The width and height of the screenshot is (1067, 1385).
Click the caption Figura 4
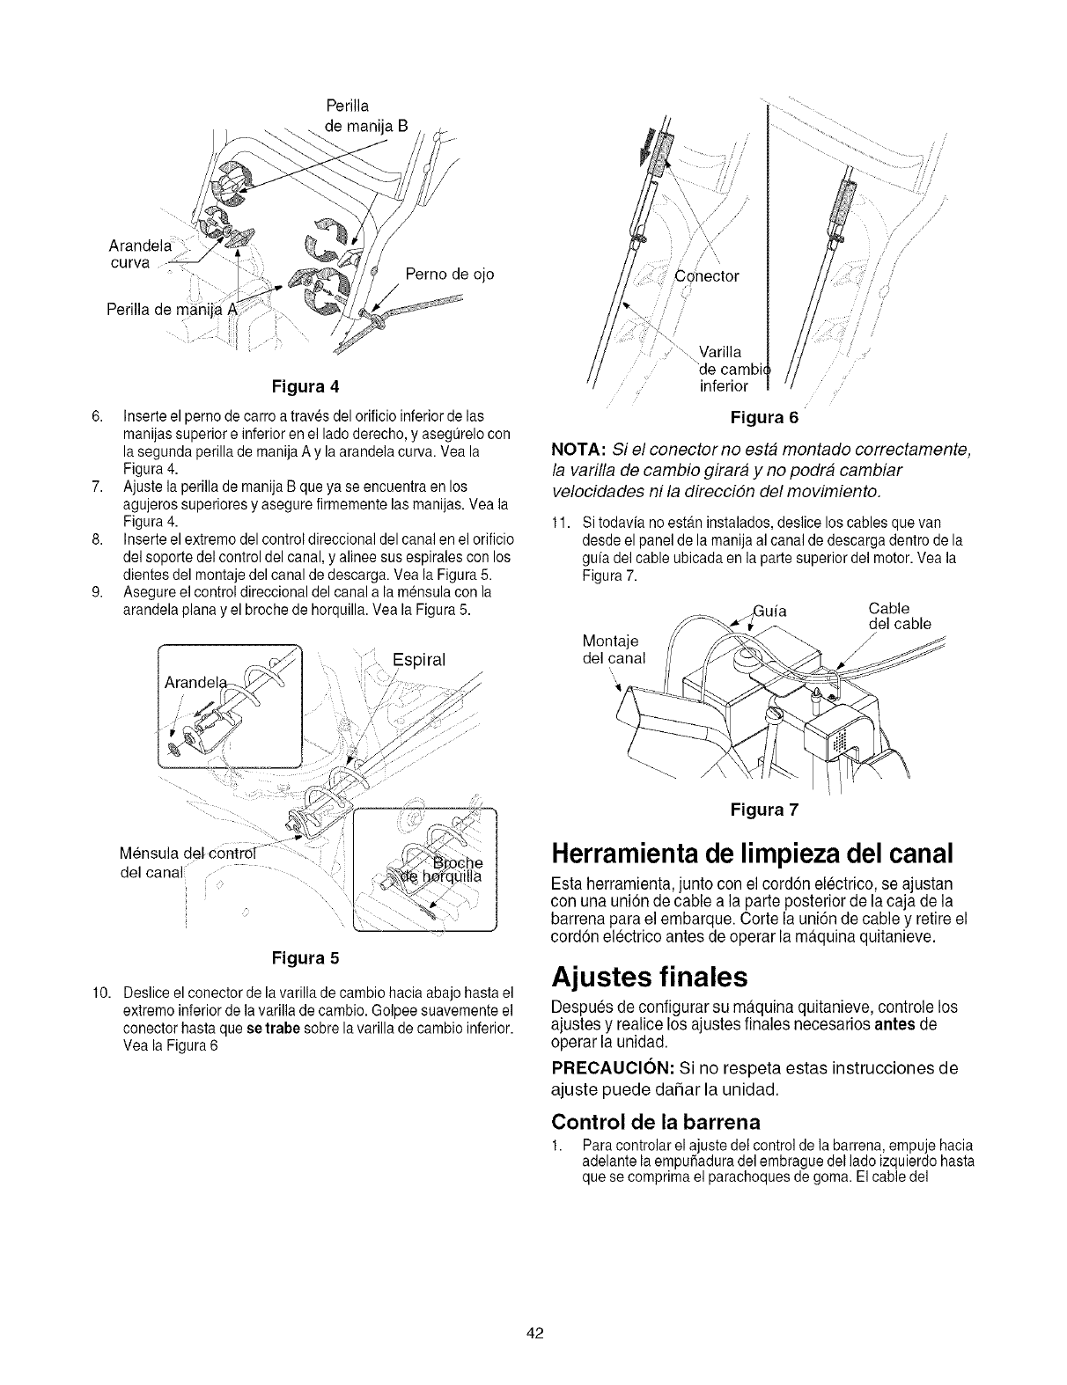(309, 386)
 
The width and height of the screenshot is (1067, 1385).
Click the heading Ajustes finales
(650, 977)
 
